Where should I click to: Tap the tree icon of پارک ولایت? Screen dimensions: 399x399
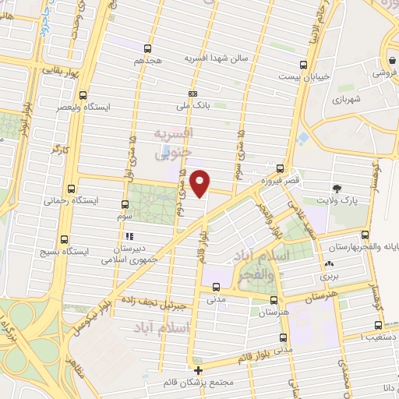[x=337, y=188]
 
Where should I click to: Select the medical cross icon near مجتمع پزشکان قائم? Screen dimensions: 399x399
[x=199, y=369]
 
